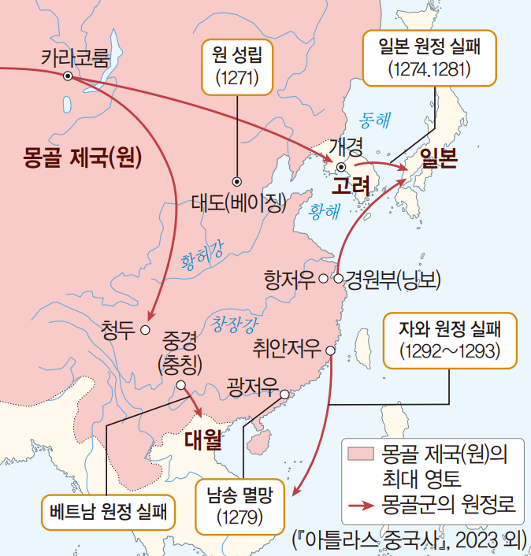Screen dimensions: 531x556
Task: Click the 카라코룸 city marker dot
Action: click(68, 76)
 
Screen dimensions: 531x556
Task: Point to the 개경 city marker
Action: click(341, 167)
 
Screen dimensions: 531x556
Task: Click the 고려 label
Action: click(351, 186)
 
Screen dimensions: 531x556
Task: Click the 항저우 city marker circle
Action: click(323, 278)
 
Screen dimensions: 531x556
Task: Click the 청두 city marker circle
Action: click(145, 328)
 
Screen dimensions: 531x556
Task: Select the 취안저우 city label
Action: click(287, 347)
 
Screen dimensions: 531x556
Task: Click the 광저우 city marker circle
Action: click(284, 394)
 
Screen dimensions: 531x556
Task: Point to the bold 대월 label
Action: click(202, 437)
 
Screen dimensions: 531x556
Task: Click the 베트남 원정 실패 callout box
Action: click(107, 513)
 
